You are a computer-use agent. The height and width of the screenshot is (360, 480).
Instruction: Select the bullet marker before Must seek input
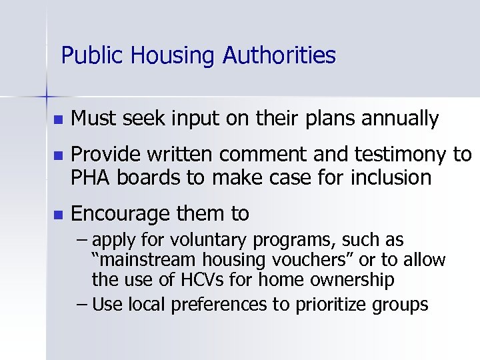(x=57, y=120)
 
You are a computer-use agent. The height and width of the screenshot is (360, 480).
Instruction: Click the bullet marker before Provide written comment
(x=57, y=156)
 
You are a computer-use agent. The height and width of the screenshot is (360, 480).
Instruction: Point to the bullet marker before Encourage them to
(x=57, y=215)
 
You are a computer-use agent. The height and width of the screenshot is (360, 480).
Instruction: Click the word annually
(x=402, y=120)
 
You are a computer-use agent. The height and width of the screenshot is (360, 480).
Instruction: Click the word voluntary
(x=205, y=240)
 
